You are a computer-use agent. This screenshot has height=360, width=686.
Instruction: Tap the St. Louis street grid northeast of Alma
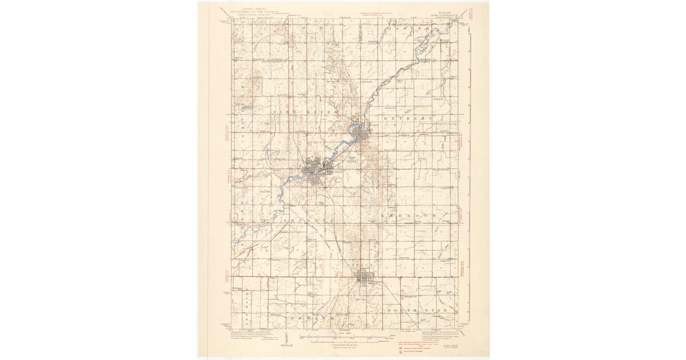pyautogui.click(x=360, y=133)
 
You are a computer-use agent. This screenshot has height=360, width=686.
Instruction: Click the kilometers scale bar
pyautogui.click(x=343, y=340)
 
